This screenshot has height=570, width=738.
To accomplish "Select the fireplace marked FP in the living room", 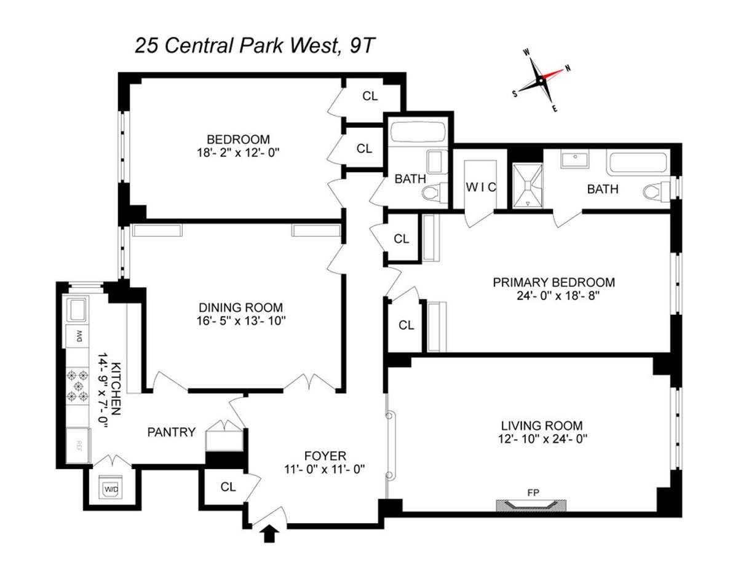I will [531, 504].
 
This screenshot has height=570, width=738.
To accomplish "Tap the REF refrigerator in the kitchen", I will [78, 444].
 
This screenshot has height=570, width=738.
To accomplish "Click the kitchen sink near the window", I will [77, 310].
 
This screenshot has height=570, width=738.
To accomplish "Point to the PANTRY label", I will [172, 432].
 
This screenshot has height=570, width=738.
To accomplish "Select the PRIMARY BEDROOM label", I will [553, 282].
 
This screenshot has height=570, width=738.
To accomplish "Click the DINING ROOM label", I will [240, 307].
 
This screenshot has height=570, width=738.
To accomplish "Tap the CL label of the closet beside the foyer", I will [228, 487].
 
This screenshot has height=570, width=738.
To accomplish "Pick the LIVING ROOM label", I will [541, 425].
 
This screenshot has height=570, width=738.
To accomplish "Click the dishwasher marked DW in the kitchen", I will [78, 336].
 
